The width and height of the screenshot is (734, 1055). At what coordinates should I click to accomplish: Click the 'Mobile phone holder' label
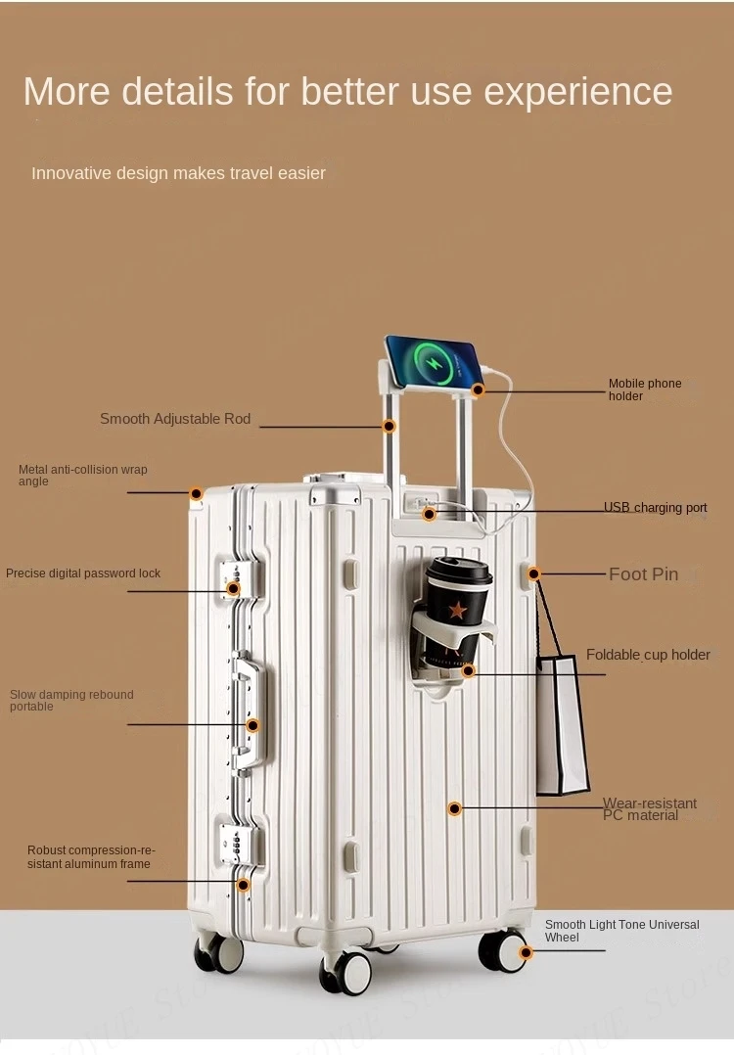[645, 390]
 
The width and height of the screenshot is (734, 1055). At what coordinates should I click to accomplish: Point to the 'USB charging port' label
[655, 508]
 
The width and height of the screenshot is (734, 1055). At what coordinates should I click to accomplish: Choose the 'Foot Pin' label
[643, 574]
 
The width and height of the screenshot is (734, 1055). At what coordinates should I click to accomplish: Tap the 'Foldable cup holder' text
[648, 655]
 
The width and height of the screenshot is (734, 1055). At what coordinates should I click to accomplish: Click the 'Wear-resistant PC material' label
[649, 809]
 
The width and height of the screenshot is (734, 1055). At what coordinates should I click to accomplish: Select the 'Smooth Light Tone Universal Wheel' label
[621, 931]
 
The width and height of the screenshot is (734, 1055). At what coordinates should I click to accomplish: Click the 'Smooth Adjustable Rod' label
[175, 419]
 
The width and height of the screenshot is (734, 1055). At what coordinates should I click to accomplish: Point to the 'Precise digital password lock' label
[83, 573]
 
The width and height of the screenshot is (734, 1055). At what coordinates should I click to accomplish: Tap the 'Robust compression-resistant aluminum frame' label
[90, 857]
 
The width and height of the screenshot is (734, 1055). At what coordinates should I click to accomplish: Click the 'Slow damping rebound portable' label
[71, 701]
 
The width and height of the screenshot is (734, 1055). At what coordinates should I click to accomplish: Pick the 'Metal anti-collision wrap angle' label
[82, 476]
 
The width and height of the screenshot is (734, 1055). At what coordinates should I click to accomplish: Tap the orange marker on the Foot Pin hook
[535, 574]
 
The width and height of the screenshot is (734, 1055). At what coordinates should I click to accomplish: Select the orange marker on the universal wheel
[526, 952]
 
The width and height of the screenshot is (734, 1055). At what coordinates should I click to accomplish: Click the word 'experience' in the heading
[578, 92]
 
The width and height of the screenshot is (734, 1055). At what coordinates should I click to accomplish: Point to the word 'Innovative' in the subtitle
[71, 173]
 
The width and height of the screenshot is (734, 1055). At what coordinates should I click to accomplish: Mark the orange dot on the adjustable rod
[389, 426]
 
